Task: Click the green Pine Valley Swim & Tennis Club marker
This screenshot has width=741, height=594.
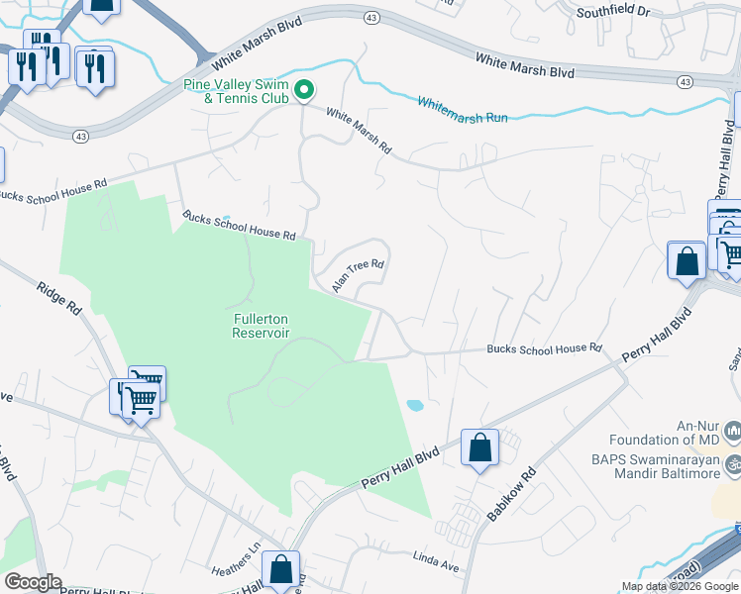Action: [x=305, y=90]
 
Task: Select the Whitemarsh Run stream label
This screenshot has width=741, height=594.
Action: [x=462, y=110]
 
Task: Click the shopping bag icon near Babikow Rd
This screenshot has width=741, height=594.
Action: [x=480, y=446]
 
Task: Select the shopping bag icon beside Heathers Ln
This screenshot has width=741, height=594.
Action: [x=280, y=569]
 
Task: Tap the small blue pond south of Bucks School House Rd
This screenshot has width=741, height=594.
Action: [x=415, y=405]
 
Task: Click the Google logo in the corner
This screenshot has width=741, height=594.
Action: [x=33, y=582]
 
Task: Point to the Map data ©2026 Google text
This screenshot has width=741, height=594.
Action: [x=680, y=586]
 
